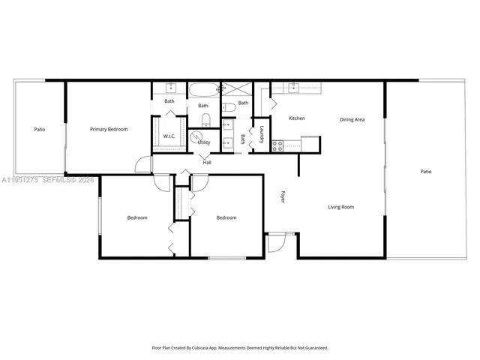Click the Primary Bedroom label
109,129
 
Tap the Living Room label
341,207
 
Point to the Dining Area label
352,119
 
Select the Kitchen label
297,118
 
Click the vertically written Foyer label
283,196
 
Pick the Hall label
206,161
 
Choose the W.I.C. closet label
169,136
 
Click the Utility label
204,142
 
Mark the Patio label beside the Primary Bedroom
39,129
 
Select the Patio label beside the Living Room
425,172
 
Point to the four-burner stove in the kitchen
277,144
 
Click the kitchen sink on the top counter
293,88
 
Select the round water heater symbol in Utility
195,137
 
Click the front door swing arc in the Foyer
274,241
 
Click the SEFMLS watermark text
58,180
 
